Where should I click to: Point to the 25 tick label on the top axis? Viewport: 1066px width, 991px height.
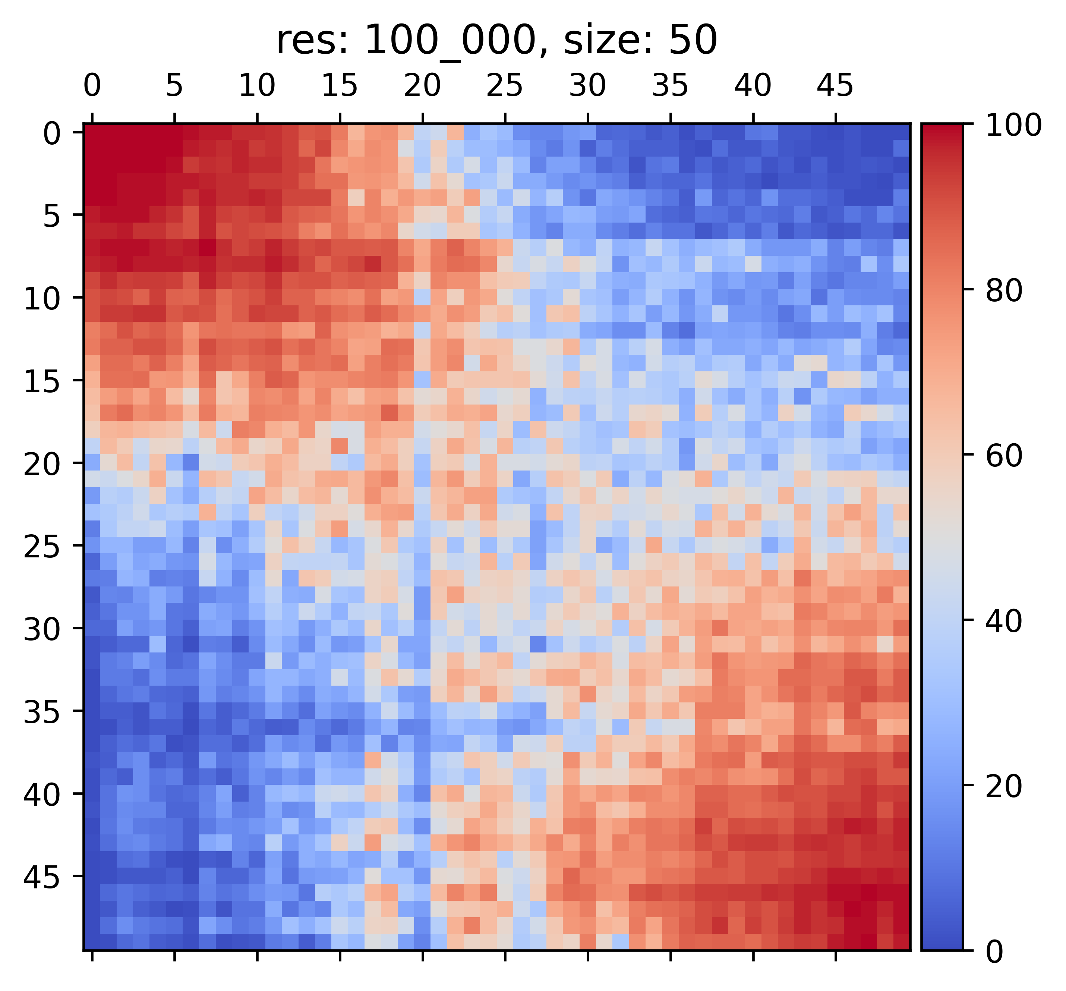point(505,86)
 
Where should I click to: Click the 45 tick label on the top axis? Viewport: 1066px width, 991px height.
point(835,86)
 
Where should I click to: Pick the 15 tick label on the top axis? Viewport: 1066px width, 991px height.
point(340,86)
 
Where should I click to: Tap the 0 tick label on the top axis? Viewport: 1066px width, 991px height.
point(92,86)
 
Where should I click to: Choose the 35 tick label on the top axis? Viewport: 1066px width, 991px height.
point(670,86)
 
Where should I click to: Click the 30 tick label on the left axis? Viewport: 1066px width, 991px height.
point(42,629)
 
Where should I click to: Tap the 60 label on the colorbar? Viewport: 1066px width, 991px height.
point(1005,456)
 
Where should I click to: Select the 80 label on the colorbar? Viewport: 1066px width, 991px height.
point(1005,291)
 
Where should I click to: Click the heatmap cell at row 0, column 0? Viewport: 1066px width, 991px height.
point(92,132)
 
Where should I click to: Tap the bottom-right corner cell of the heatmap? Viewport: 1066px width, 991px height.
point(901,942)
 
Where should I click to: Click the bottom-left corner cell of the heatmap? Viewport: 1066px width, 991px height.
point(92,942)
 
